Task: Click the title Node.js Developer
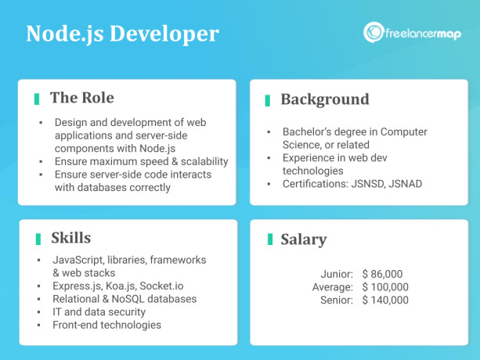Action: [x=122, y=34]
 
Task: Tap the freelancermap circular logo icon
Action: [x=373, y=32]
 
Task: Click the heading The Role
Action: [x=81, y=98]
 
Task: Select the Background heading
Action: [x=324, y=99]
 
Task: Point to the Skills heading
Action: [x=70, y=238]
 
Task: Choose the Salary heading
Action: [x=304, y=239]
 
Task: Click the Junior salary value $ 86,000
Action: [x=382, y=274]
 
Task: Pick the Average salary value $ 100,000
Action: [x=385, y=287]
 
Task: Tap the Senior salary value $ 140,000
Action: [x=385, y=300]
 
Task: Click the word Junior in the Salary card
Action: [x=337, y=274]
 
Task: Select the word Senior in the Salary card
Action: [x=337, y=300]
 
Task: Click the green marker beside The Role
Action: [x=36, y=99]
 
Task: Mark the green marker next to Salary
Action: [x=269, y=239]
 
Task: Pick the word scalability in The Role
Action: [x=198, y=161]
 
